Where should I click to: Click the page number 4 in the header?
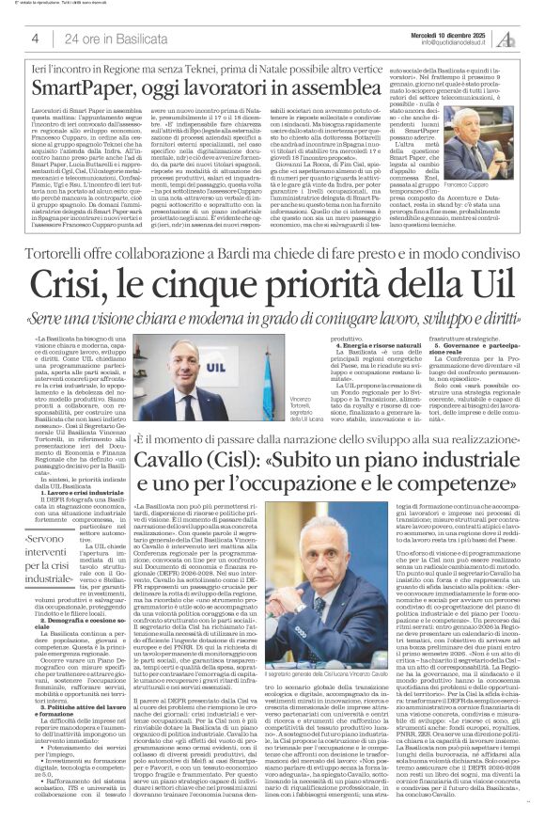[x=34, y=39]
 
